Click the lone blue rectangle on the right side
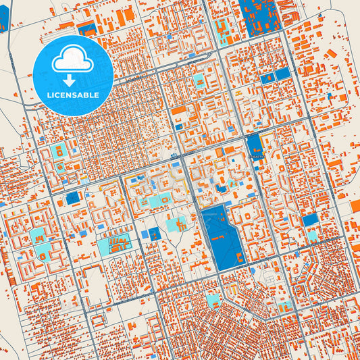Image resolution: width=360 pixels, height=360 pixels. [309, 220]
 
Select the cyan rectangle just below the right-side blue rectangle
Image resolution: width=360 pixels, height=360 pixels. [311, 236]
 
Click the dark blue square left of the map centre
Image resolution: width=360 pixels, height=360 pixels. [72, 198]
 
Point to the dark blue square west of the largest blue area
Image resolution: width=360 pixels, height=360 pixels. [155, 234]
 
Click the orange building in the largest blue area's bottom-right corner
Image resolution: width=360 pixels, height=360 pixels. [240, 258]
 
